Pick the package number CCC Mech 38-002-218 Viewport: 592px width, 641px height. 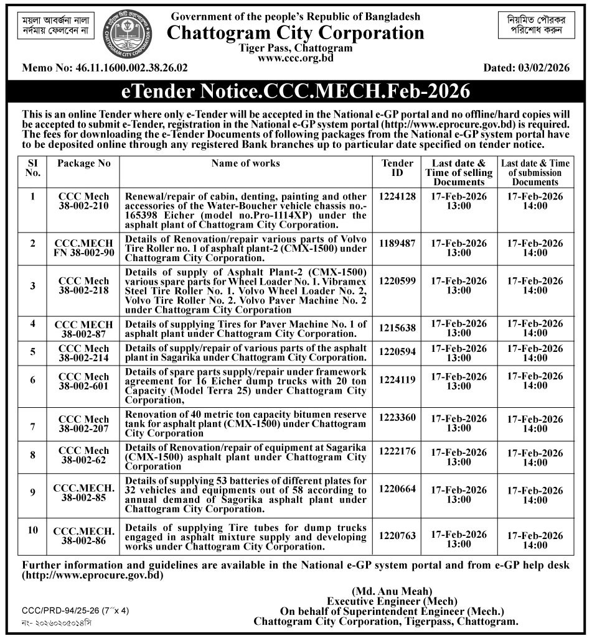click(83, 285)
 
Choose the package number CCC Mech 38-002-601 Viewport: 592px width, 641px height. click(83, 381)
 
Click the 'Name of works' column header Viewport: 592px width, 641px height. click(245, 164)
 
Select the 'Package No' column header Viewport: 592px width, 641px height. click(83, 164)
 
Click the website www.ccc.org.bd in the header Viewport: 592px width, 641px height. click(296, 58)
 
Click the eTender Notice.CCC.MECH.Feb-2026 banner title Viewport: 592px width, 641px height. click(295, 92)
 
